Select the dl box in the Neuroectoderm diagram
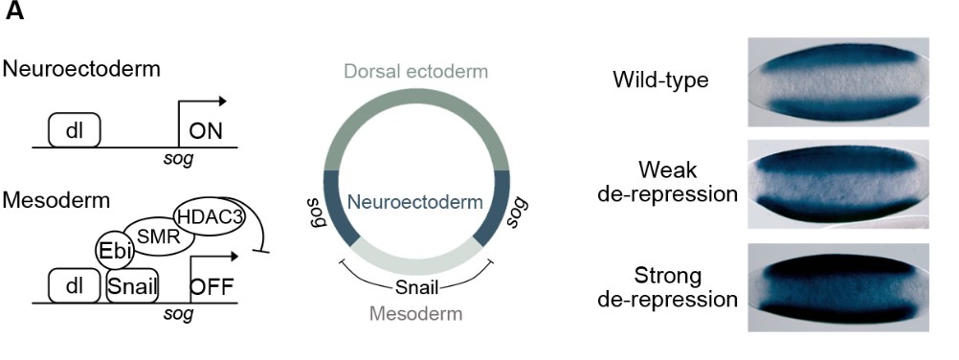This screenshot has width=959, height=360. point(75,128)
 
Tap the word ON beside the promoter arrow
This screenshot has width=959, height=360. point(206,131)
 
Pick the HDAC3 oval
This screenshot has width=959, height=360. point(209,217)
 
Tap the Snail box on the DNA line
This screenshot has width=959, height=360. point(132,285)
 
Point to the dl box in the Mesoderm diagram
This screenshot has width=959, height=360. point(75,285)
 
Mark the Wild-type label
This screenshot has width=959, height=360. point(660,80)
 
